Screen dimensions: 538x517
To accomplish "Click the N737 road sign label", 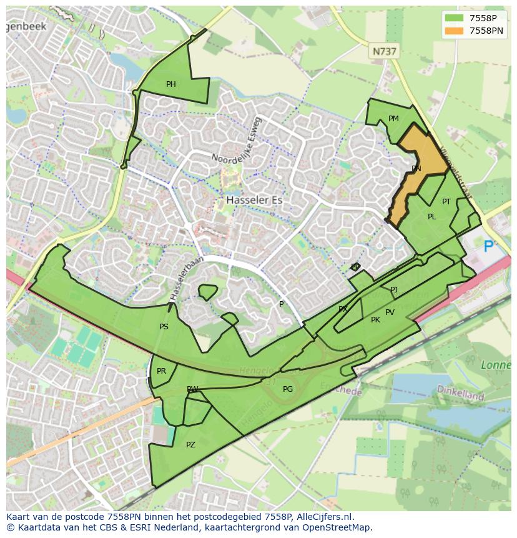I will [383, 52].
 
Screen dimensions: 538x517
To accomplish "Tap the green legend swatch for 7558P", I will [454, 18].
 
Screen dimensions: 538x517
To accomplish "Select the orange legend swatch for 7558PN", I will [454, 31].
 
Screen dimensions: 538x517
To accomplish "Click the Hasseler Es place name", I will [250, 201].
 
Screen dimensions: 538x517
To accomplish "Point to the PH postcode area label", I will [170, 84].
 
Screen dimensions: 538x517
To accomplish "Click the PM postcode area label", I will [393, 119].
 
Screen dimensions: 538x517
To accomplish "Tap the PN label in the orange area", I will [416, 169].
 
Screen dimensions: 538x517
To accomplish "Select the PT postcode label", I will [446, 202].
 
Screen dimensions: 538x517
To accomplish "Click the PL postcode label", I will [431, 217].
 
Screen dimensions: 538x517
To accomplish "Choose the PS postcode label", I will [164, 327].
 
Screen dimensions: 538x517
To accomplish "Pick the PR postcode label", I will [161, 371].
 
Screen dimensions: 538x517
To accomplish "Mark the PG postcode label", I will [287, 389].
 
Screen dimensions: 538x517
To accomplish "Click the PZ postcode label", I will [190, 445].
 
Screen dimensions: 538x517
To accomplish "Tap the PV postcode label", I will [390, 312].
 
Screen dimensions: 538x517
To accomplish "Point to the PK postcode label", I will [375, 320].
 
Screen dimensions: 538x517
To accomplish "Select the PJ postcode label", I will [393, 290].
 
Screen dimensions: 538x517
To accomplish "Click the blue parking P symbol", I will [488, 247].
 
